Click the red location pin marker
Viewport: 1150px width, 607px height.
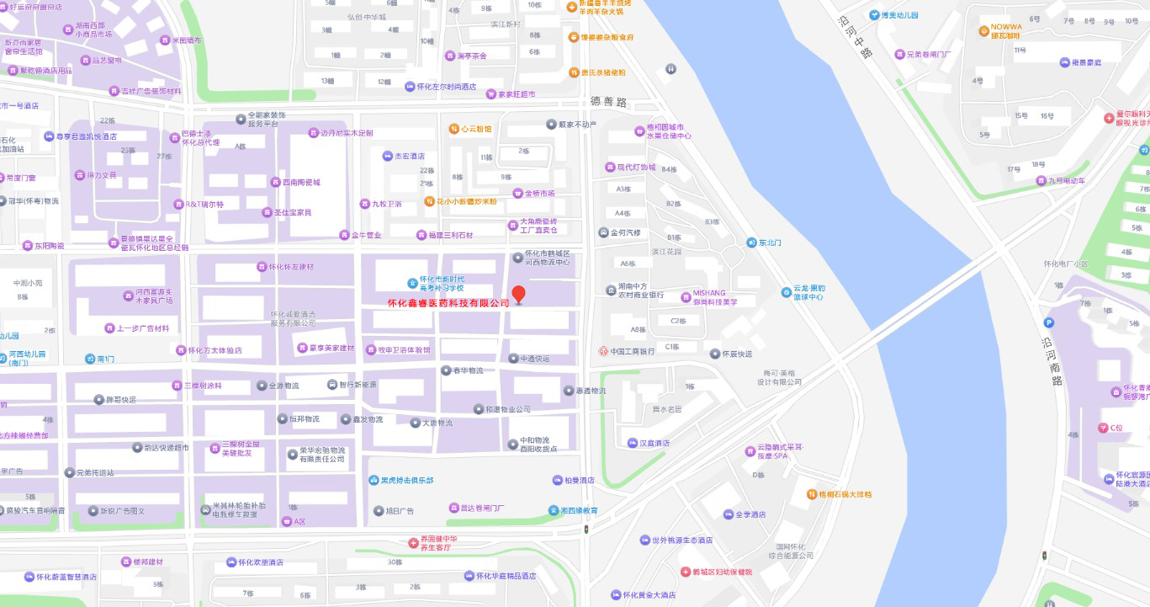coord(519,294)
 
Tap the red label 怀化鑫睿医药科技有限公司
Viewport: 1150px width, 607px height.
coord(448,303)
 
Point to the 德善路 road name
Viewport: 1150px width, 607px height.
coord(609,102)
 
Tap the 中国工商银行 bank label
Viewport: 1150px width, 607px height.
coord(632,351)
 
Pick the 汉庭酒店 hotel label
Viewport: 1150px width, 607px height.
coord(654,443)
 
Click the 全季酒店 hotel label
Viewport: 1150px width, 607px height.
coord(750,514)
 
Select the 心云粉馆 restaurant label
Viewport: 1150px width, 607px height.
coord(475,130)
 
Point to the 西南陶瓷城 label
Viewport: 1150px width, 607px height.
coord(300,182)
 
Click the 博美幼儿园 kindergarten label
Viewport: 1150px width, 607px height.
coord(898,15)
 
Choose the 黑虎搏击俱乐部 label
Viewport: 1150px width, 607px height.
coord(406,481)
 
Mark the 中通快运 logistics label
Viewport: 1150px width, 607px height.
coord(534,359)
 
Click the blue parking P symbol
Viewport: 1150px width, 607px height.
coord(1048,322)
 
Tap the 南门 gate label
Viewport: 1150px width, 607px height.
coord(105,359)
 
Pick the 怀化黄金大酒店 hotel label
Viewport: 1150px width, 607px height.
coord(649,595)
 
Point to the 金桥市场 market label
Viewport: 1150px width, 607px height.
coord(539,194)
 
